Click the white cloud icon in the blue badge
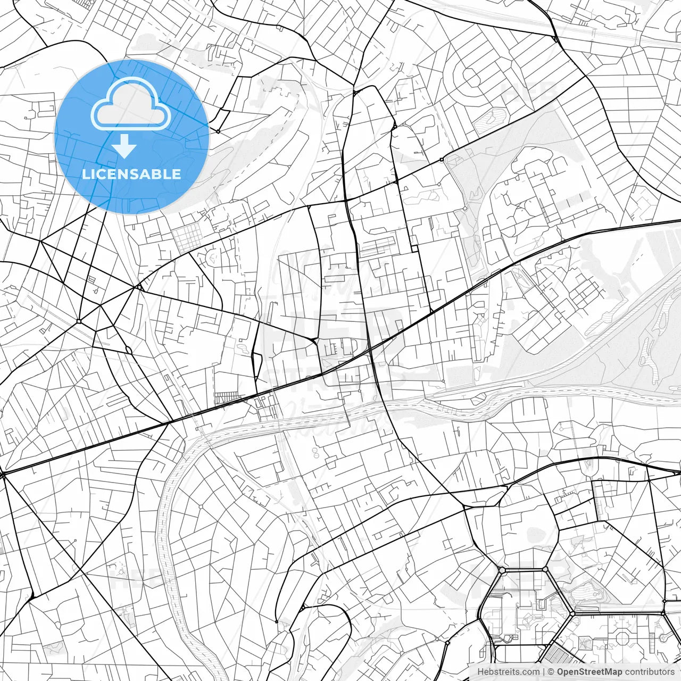point(131,106)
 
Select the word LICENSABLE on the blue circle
point(131,174)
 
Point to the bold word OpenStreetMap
point(589,672)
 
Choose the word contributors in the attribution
point(650,672)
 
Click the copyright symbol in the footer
point(552,672)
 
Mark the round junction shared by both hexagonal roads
point(572,613)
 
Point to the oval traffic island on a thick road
point(129,350)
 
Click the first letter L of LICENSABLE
point(86,174)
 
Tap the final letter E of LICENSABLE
point(177,174)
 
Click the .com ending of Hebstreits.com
point(530,672)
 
